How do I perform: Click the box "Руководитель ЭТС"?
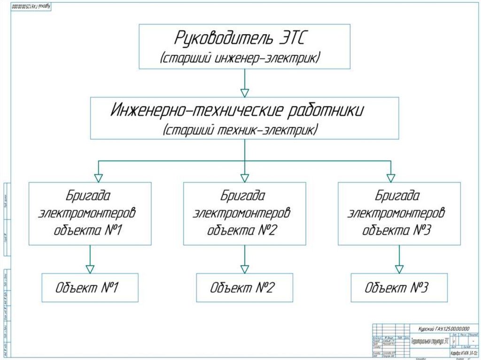pyautogui.click(x=244, y=47)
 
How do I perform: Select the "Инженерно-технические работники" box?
pyautogui.click(x=244, y=118)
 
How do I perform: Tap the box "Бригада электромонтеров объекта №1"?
pyautogui.click(x=90, y=214)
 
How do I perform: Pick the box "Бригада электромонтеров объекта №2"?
pyautogui.click(x=244, y=214)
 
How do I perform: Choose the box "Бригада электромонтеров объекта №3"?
pyautogui.click(x=399, y=214)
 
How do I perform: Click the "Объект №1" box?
pyautogui.click(x=90, y=288)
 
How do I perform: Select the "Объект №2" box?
pyautogui.click(x=244, y=288)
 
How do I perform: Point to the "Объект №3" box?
pyautogui.click(x=399, y=288)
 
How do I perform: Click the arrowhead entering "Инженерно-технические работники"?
pyautogui.click(x=244, y=92)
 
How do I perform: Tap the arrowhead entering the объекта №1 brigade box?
pyautogui.click(x=98, y=178)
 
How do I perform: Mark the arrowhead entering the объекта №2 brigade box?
pyautogui.click(x=244, y=178)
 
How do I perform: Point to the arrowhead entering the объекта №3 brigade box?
pyautogui.click(x=391, y=178)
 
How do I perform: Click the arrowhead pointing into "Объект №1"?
pyautogui.click(x=90, y=269)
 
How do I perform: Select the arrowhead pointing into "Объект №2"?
pyautogui.click(x=244, y=269)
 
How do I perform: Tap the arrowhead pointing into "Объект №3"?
pyautogui.click(x=399, y=269)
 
